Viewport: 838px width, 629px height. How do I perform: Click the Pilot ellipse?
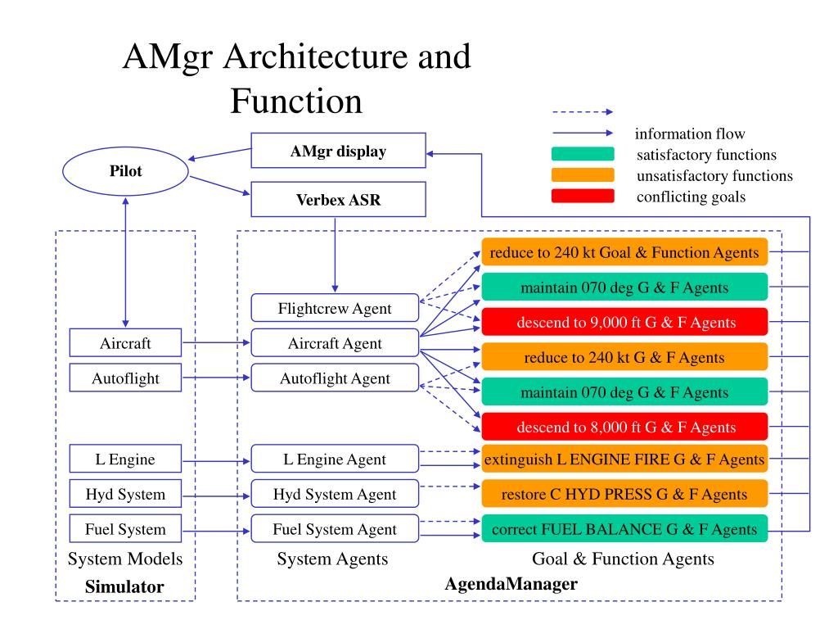(125, 172)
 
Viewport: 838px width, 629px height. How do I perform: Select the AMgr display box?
(338, 152)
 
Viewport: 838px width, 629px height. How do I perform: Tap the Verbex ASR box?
(338, 199)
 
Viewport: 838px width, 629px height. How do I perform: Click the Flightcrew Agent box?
(334, 308)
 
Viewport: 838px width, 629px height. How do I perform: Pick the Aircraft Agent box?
(334, 343)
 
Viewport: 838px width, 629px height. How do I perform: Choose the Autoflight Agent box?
(334, 378)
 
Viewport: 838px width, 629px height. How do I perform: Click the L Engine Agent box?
(334, 459)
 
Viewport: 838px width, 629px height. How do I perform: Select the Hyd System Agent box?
(334, 494)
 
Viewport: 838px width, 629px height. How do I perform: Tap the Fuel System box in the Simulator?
(125, 529)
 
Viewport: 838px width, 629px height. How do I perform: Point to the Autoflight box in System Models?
(125, 378)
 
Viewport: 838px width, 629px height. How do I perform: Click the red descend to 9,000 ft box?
(624, 322)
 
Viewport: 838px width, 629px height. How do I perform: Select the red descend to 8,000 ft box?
(624, 427)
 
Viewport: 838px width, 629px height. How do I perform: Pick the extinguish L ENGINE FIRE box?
(624, 459)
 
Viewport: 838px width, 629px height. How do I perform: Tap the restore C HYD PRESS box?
(624, 494)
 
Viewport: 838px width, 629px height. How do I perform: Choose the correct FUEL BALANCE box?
(624, 529)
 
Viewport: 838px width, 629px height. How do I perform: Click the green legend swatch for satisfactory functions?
(583, 154)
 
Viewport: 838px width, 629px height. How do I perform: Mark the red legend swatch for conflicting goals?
(583, 196)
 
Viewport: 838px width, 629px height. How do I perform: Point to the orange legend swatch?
(583, 174)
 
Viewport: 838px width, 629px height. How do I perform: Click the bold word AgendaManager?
(511, 585)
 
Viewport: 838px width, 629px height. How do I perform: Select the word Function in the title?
(295, 102)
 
